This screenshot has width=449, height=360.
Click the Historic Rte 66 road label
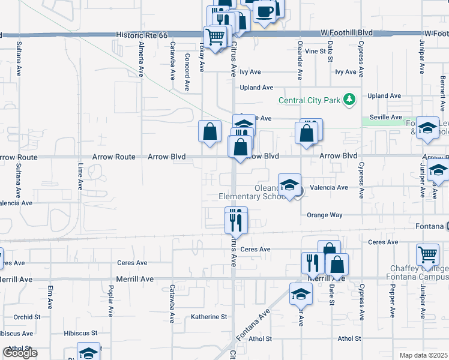pos(142,35)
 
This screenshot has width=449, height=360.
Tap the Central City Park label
pos(309,100)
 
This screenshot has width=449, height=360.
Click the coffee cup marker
pos(264,11)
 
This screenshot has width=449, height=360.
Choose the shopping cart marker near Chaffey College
pos(427,254)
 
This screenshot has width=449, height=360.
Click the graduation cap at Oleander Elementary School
pos(289,185)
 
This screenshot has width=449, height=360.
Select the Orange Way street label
pos(324,215)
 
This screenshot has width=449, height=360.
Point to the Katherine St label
pos(209,316)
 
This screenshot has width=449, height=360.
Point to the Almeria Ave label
pos(141,61)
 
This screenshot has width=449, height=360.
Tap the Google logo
pos(19,353)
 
